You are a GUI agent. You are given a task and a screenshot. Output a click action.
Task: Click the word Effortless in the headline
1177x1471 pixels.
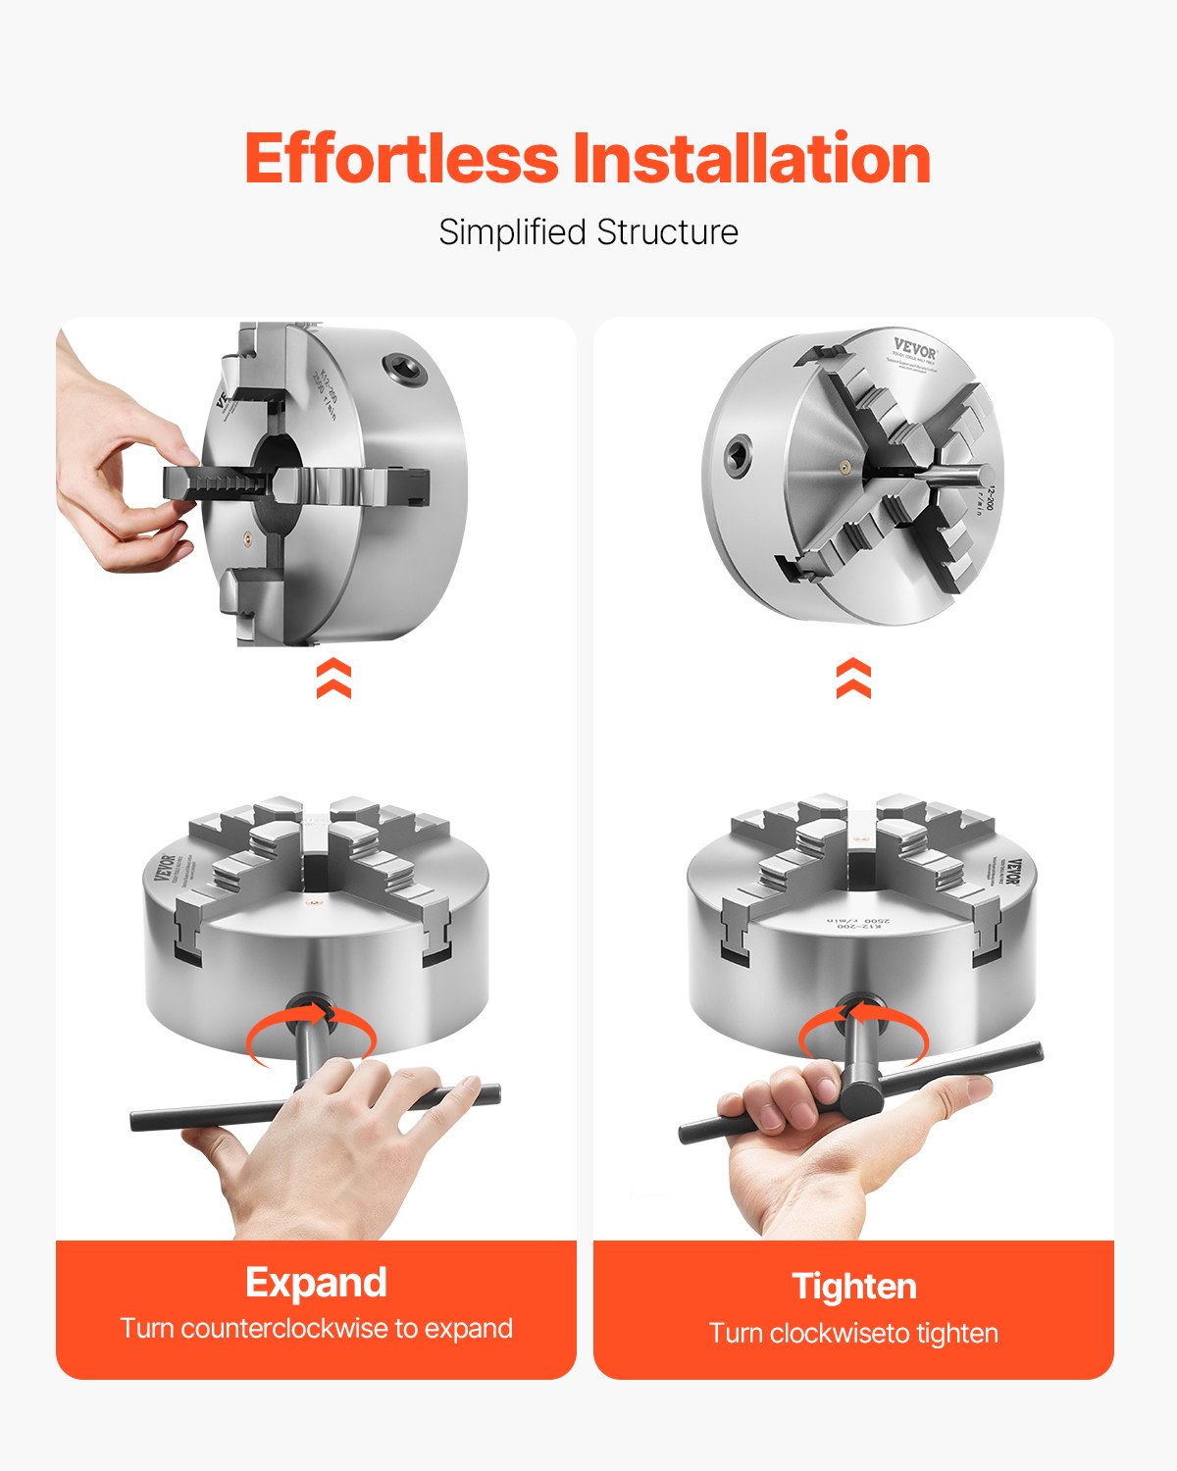pyautogui.click(x=400, y=159)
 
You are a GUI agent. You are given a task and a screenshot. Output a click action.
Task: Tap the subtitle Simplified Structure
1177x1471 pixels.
pyautogui.click(x=588, y=232)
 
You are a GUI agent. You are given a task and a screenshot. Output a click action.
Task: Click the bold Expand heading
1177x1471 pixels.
pyautogui.click(x=316, y=1282)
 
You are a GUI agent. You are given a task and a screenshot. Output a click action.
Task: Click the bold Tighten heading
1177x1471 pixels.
pyautogui.click(x=853, y=1286)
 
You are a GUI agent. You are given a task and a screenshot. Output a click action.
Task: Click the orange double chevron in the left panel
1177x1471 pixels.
pyautogui.click(x=333, y=678)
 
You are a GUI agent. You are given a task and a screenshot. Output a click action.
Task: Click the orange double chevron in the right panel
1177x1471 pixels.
pyautogui.click(x=853, y=678)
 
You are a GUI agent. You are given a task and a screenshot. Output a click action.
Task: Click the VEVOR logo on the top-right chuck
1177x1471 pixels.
pyautogui.click(x=914, y=347)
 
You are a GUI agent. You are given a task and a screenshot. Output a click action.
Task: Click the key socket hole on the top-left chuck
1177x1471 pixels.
pyautogui.click(x=403, y=368)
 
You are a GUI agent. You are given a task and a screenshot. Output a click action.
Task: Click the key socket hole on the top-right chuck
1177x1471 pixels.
pyautogui.click(x=736, y=454)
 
